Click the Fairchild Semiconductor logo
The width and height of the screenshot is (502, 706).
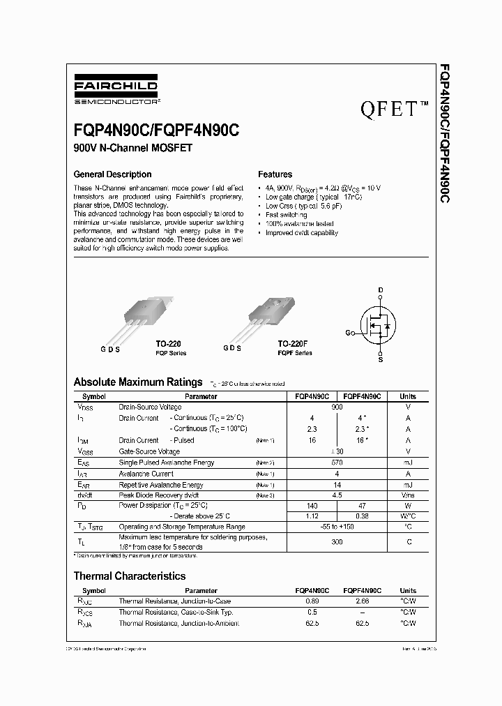pos(116,93)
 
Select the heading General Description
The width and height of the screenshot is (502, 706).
pos(112,174)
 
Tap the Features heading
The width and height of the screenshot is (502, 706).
pos(275,174)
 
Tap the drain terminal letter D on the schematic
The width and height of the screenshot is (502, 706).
pos(381,290)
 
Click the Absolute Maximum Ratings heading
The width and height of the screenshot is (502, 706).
pos(138,382)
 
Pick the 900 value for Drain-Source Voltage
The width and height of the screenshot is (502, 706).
pos(337,407)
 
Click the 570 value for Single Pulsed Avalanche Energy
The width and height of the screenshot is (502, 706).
pos(337,463)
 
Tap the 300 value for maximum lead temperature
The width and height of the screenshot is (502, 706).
pos(337,541)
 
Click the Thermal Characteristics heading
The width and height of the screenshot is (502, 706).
pos(130,576)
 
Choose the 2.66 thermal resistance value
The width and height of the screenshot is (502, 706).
pos(362,601)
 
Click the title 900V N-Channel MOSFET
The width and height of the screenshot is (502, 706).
pos(132,148)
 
